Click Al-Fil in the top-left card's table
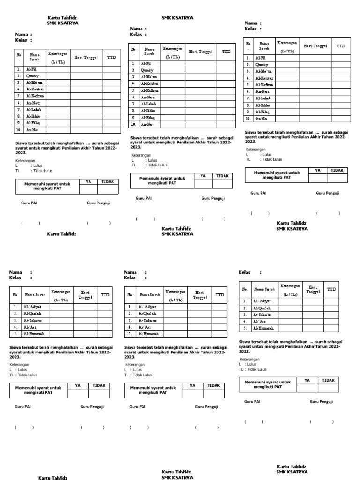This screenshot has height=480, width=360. tap(31, 68)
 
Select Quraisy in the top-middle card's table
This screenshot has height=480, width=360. tap(146, 70)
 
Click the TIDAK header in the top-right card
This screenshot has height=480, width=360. tap(337, 170)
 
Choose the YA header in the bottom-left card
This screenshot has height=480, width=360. tap(78, 385)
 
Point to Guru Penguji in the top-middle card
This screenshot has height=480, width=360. tap(213, 198)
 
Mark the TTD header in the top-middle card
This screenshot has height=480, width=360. tap(226, 52)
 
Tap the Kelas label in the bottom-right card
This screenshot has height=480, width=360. tap(244, 272)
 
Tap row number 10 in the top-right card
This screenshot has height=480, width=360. tap(248, 119)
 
